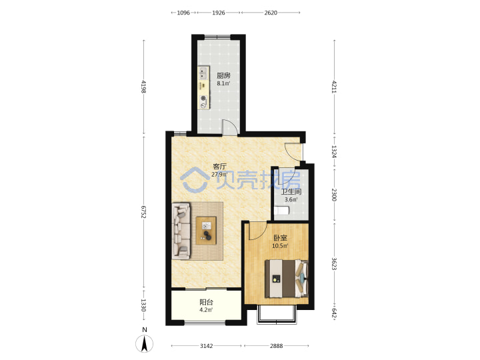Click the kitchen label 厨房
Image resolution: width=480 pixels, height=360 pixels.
pos(223,75)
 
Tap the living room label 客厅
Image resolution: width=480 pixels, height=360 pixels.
pos(220,167)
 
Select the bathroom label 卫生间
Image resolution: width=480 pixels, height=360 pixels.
pos(291,192)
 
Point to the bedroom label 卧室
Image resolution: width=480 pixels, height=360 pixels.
pos(280,238)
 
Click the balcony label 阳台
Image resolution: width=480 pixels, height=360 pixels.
pos(206,302)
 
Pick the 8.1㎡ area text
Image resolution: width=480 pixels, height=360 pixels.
pos(223,83)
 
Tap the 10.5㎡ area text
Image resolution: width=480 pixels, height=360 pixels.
pos(280,246)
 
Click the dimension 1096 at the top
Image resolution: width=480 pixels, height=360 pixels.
pos(183,13)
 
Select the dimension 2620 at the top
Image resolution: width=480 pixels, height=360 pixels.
pos(271,13)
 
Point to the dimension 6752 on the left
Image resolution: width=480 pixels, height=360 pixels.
pos(143,212)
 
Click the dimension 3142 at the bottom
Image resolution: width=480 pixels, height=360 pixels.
pos(206,346)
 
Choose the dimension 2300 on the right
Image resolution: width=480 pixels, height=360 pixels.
pos(334,195)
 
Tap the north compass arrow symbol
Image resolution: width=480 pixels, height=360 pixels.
pos(145,343)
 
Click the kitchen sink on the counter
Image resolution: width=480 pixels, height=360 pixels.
pos(203,73)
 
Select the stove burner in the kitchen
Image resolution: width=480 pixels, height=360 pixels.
pos(203,99)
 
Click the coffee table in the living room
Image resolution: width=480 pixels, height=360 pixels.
pos(206,231)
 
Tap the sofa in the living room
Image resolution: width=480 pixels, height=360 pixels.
pos(181,231)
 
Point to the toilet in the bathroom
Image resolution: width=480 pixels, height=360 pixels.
pos(281,211)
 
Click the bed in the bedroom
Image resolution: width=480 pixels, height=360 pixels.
pos(287,279)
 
